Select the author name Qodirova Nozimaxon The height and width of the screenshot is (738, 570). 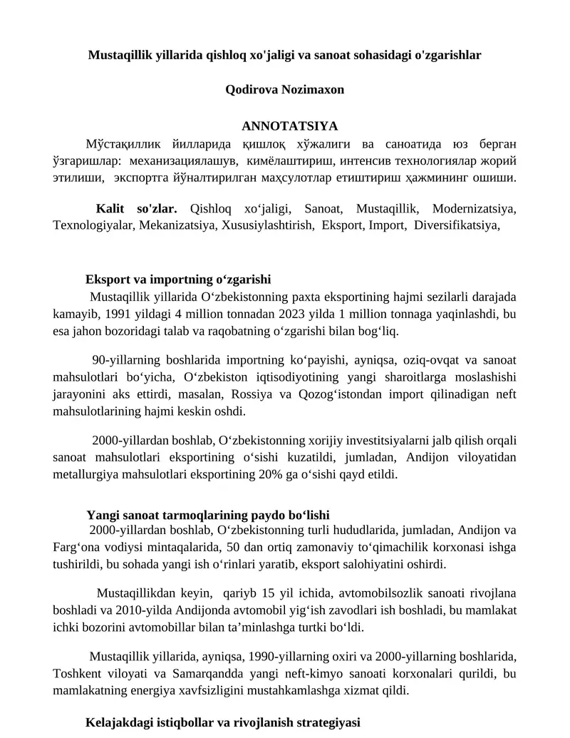pyautogui.click(x=284, y=90)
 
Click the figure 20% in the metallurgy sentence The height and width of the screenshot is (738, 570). pyautogui.click(x=293, y=473)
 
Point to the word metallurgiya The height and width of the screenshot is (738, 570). pyautogui.click(x=88, y=473)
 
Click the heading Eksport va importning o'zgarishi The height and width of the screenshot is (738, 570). pyautogui.click(x=178, y=280)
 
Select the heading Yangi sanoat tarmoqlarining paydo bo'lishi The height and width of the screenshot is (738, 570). pyautogui.click(x=207, y=515)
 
